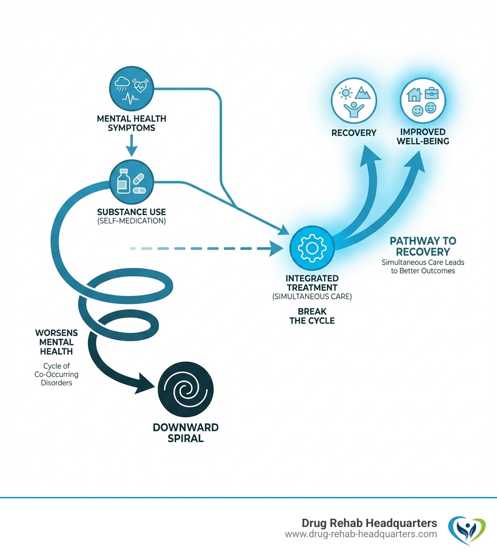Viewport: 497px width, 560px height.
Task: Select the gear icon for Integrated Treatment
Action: pyautogui.click(x=311, y=247)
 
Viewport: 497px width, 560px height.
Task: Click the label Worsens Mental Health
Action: pyautogui.click(x=54, y=342)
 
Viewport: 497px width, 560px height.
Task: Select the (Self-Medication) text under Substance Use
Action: pyautogui.click(x=132, y=221)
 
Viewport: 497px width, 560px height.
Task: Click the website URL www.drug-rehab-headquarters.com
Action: pyautogui.click(x=361, y=534)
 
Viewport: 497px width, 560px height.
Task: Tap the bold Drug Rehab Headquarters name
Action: pyautogui.click(x=369, y=523)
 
